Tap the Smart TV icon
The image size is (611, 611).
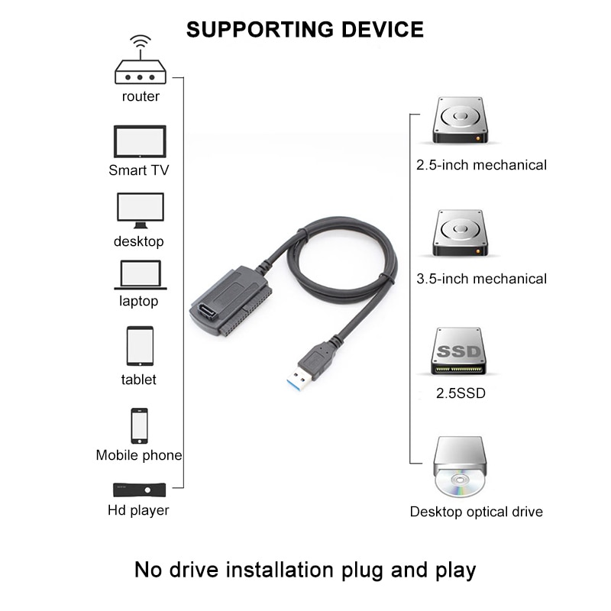(x=139, y=141)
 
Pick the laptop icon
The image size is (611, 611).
(x=140, y=275)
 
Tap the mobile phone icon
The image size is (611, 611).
(x=139, y=425)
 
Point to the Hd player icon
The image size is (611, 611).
(x=139, y=490)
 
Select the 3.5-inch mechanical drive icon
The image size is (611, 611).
(x=458, y=235)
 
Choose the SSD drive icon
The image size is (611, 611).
(x=459, y=351)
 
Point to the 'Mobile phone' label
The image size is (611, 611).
(x=139, y=455)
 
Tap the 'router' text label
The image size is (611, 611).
(x=141, y=97)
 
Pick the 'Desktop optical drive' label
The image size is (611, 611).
(x=477, y=512)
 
